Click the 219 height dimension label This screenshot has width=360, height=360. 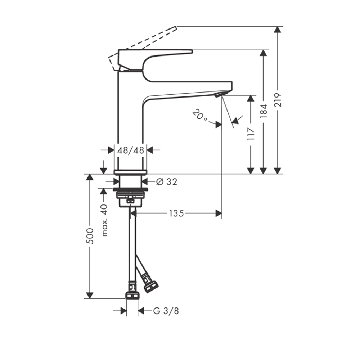pos(278,100)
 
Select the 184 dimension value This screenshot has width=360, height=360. pos(264,111)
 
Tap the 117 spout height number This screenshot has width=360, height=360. pos(251,134)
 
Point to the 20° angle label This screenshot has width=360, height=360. pos(200,116)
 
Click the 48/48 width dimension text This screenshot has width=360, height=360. pos(131,150)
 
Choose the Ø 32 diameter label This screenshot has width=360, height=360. pos(167,182)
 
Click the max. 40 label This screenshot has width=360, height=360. pos(104,220)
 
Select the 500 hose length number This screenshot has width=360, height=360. pos(90,236)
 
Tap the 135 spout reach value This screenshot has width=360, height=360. pos(176,213)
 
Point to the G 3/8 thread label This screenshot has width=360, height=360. pos(166,311)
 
